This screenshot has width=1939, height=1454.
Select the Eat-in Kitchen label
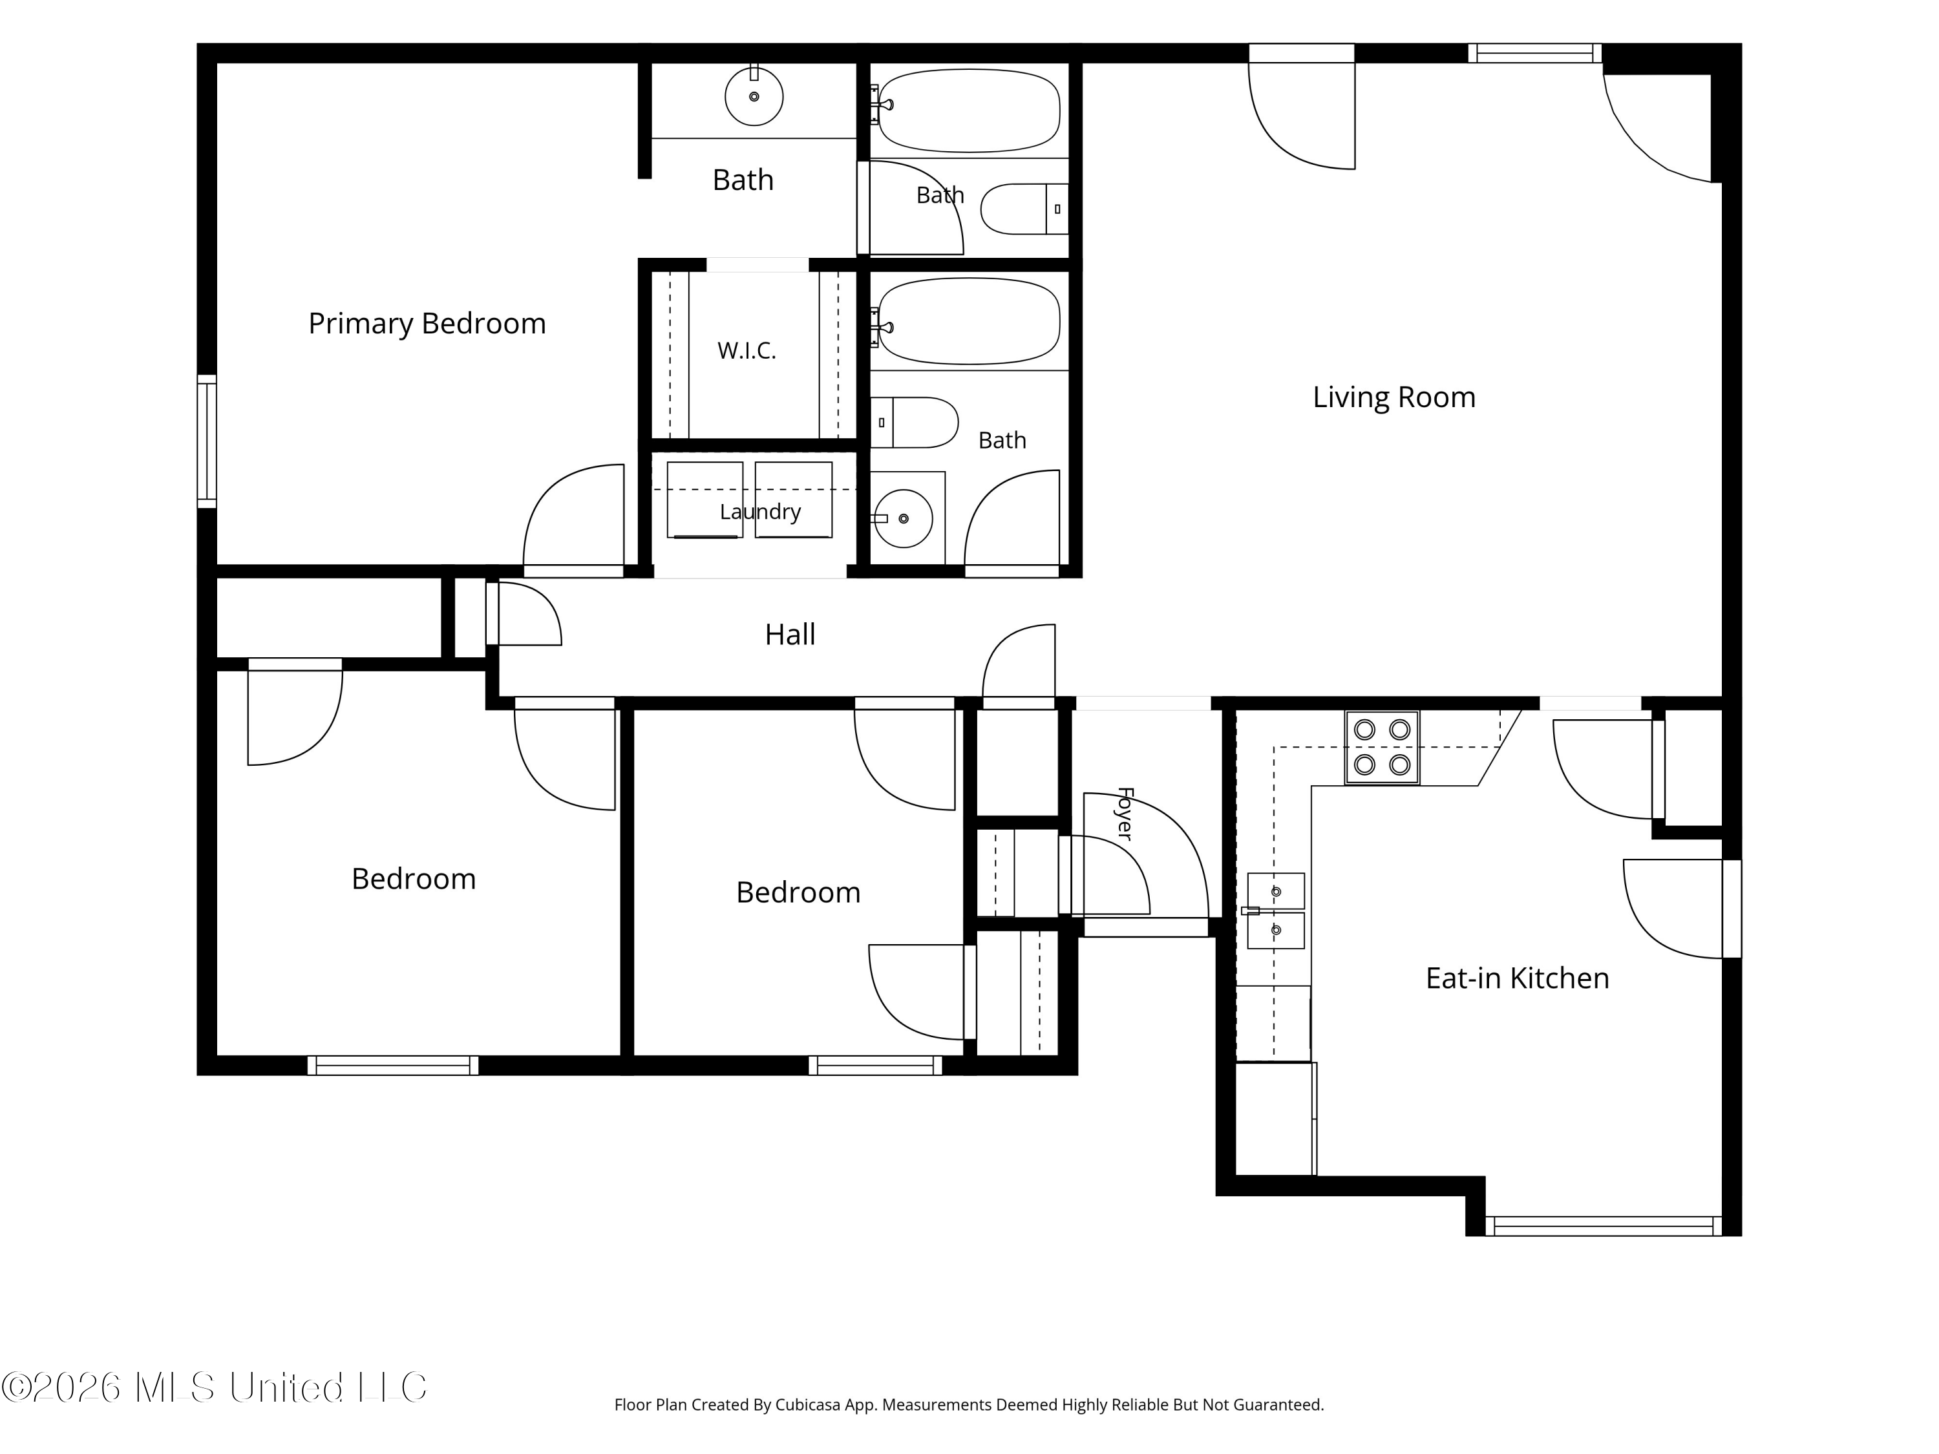1518,978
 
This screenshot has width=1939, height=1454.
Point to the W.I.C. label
747,350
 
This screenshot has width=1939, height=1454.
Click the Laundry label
760,512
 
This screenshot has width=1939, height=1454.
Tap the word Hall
790,635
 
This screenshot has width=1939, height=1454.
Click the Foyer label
1125,814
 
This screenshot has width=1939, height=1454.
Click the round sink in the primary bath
754,96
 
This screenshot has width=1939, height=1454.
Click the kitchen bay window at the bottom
1604,1226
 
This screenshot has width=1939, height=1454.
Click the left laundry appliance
705,500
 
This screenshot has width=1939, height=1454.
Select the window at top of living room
1535,54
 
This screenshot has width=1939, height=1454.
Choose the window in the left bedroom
393,1065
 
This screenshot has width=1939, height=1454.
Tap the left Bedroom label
414,879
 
